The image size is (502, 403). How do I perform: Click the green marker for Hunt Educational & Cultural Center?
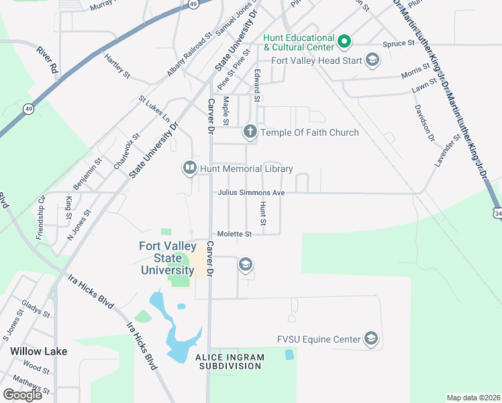[344, 42]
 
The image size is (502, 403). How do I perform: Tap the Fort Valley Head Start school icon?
[372, 61]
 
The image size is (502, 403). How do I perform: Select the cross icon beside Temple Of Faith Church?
[250, 132]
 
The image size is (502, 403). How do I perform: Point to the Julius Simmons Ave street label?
[251, 193]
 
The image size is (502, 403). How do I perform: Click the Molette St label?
[234, 234]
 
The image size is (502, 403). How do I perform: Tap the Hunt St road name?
[264, 213]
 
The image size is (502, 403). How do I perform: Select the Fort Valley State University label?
[167, 258]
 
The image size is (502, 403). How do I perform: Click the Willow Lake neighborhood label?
[38, 351]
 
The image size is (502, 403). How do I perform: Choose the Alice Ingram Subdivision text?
[228, 361]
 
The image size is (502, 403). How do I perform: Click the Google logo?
[22, 394]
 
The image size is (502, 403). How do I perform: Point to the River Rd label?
[48, 60]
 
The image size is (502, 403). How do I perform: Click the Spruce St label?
[400, 43]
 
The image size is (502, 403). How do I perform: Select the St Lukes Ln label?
[154, 109]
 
